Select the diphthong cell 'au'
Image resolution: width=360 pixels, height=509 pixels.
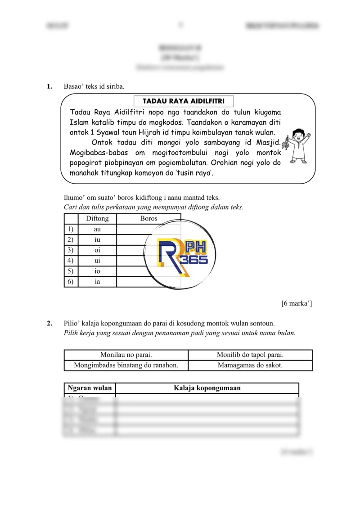pyautogui.click(x=97, y=229)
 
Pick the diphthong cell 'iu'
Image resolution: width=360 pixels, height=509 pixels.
pyautogui.click(x=97, y=240)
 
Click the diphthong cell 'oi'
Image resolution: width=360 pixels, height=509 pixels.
pyautogui.click(x=97, y=250)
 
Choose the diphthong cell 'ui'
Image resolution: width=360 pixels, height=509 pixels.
pyautogui.click(x=97, y=261)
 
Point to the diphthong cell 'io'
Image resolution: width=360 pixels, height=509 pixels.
pyautogui.click(x=97, y=271)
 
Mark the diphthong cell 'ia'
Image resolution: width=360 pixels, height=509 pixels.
pyautogui.click(x=97, y=282)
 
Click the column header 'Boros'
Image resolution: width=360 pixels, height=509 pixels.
pyautogui.click(x=148, y=219)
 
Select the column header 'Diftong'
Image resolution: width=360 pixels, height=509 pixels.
pyautogui.click(x=97, y=219)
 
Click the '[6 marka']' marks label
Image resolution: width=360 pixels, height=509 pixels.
pyautogui.click(x=297, y=303)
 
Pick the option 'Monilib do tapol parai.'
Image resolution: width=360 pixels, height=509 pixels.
pyautogui.click(x=250, y=355)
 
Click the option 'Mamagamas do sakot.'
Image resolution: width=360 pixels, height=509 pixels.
pyautogui.click(x=250, y=365)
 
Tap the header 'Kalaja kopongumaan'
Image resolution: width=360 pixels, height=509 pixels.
pyautogui.click(x=207, y=388)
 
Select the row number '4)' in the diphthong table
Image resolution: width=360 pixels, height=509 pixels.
pyautogui.click(x=70, y=261)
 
